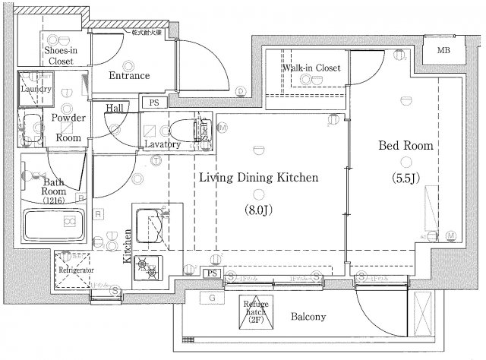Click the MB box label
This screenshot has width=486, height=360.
[x=443, y=51]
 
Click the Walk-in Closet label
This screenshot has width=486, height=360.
[x=311, y=68]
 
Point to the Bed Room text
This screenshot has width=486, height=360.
[x=406, y=145]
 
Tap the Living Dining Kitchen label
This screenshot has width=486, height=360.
[x=258, y=178]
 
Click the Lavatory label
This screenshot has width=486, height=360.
[x=163, y=144]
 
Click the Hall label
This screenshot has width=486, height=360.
[x=115, y=108]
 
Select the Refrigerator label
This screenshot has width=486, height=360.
[x=76, y=270]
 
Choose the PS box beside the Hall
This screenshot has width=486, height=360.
[x=154, y=101]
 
